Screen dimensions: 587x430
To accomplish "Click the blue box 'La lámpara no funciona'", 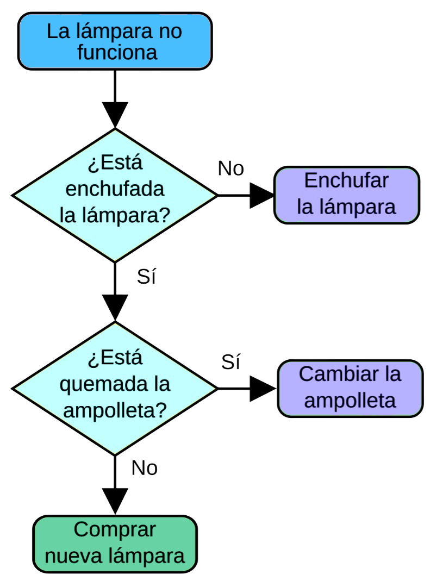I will click(x=115, y=41).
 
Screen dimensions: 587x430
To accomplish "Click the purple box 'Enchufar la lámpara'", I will click(x=346, y=195).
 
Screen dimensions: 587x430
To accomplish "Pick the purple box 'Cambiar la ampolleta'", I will click(x=350, y=388).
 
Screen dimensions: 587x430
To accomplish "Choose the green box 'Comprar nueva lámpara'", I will click(x=115, y=544).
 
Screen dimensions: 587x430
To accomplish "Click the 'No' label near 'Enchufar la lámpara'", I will click(x=231, y=168).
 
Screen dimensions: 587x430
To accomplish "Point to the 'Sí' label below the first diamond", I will click(x=146, y=277).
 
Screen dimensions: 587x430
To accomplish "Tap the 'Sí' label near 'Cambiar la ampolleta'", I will click(x=231, y=362).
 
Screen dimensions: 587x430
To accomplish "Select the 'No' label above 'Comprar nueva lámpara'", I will click(x=145, y=468).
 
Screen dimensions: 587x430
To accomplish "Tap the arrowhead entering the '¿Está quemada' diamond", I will click(x=115, y=308).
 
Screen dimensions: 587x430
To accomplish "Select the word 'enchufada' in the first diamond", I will click(x=115, y=190).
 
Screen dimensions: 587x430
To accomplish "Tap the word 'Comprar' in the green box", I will click(x=115, y=530).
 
